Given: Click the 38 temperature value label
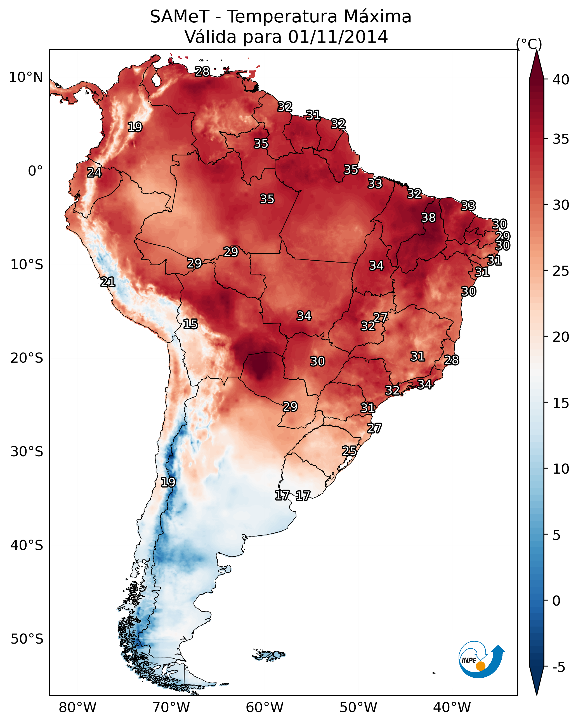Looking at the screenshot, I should [x=428, y=218].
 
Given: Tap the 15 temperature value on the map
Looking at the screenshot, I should [x=190, y=324].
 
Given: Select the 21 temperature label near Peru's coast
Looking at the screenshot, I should [x=108, y=282].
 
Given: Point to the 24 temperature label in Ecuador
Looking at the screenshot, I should [x=94, y=173].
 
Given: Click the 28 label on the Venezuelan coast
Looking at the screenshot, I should [x=202, y=71].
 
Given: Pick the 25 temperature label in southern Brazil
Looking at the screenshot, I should [x=349, y=451].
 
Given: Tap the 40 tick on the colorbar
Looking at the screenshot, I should [x=561, y=80].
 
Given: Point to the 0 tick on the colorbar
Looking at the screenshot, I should [x=556, y=601].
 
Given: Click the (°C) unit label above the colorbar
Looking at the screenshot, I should [x=529, y=44].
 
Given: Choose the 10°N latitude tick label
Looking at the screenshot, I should [x=26, y=77].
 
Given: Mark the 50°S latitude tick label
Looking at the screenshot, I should [x=27, y=639].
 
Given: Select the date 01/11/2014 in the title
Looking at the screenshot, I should [x=338, y=37].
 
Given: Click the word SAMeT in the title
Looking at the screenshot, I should [x=180, y=17].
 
